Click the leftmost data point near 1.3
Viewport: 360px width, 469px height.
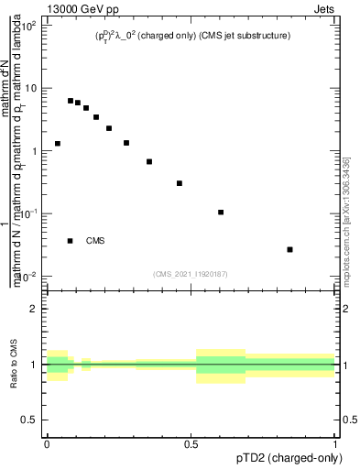(58, 144)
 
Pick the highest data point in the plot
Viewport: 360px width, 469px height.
(71, 101)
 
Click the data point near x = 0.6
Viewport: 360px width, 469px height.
(221, 213)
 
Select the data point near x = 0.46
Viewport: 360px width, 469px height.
(180, 183)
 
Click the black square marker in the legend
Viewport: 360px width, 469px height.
(71, 241)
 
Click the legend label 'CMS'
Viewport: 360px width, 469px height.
(95, 241)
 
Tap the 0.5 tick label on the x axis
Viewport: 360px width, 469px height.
(191, 443)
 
